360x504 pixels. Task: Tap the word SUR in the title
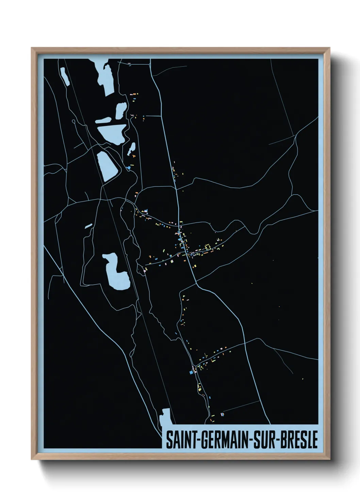(x=264, y=440)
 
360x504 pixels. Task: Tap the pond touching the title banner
(x=165, y=417)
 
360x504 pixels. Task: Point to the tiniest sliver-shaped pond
(x=88, y=225)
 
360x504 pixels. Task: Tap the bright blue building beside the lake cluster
(x=129, y=168)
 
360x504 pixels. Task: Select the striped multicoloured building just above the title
(x=223, y=414)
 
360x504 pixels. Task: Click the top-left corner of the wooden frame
(x=32, y=48)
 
